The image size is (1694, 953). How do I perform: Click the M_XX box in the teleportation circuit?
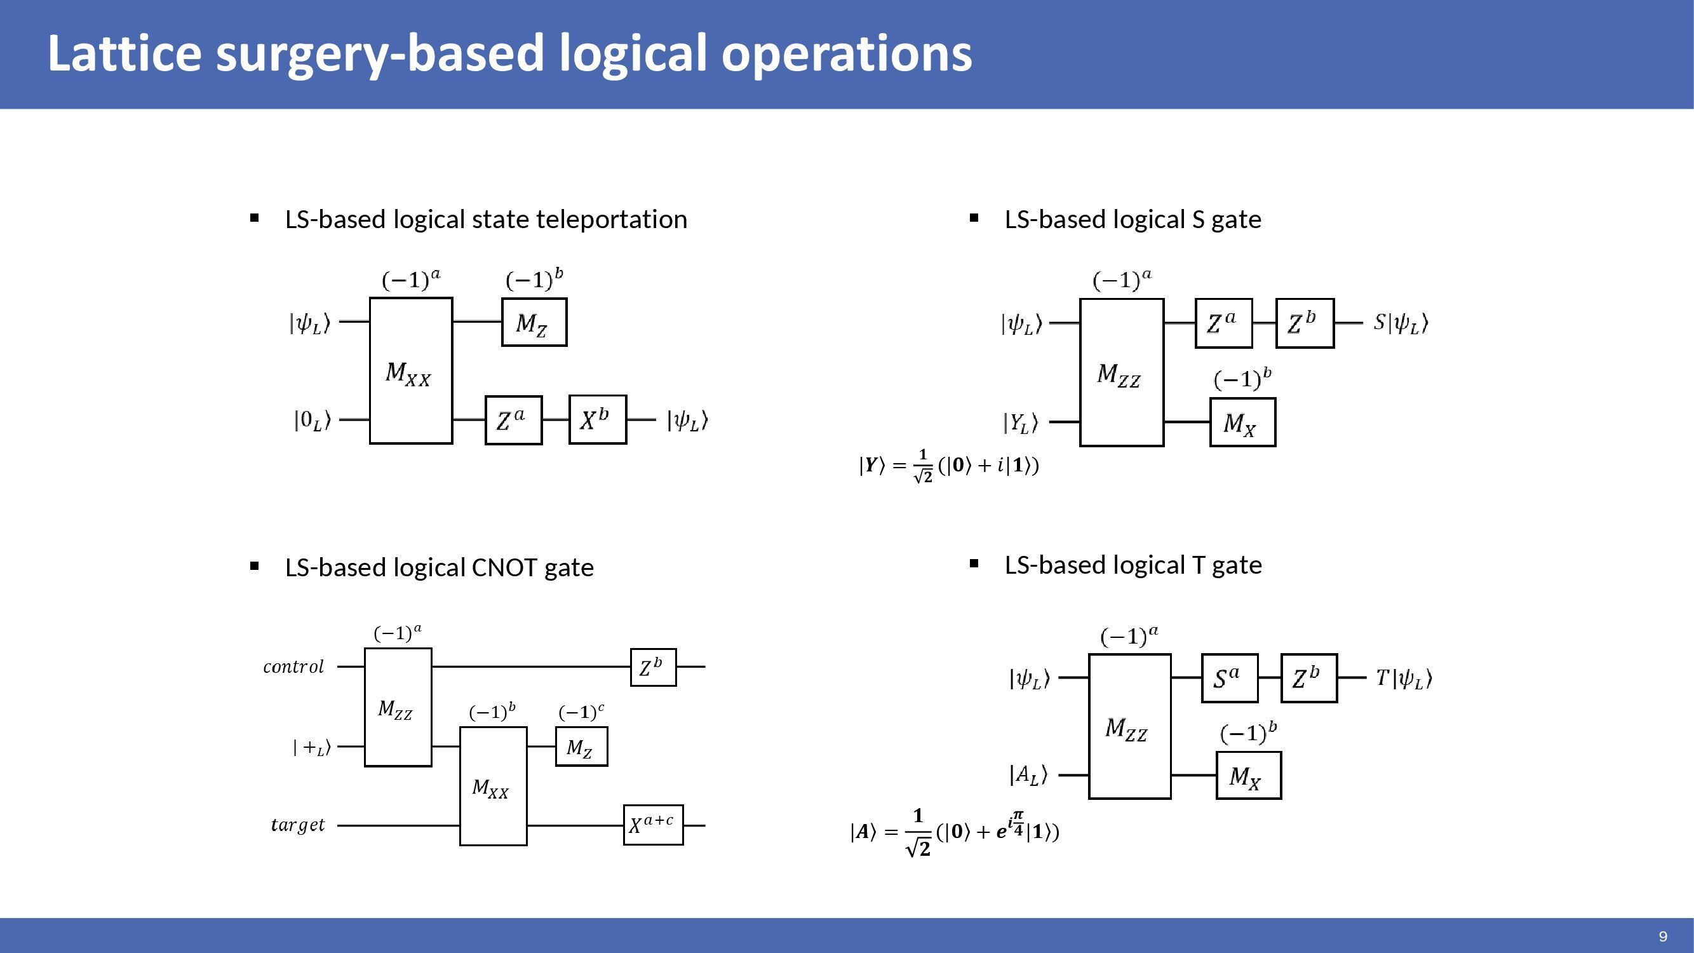pos(411,371)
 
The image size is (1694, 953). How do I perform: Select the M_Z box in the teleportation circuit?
pos(534,322)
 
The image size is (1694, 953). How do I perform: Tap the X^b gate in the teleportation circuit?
pos(597,419)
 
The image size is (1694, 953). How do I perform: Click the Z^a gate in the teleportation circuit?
pos(514,420)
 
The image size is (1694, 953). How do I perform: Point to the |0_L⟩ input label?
pos(313,420)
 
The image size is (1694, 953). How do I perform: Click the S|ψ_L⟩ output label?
pos(1401,323)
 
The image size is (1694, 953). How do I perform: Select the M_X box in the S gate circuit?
pos(1242,423)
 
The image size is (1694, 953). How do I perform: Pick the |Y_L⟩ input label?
pos(1020,422)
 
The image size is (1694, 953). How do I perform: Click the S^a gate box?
pos(1229,678)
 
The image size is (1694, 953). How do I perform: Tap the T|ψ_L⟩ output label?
pos(1404,678)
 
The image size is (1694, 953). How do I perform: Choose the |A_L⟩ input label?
pos(1028,774)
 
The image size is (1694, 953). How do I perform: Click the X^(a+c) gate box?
pos(653,825)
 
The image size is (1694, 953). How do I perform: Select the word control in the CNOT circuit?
pos(293,667)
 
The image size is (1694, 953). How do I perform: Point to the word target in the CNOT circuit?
pos(298,825)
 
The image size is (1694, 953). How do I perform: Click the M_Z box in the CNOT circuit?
pos(581,747)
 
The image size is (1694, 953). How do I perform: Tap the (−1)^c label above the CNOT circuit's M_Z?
pos(581,712)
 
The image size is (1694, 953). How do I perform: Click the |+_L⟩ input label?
pos(312,747)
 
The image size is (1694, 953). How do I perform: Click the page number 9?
pos(1663,936)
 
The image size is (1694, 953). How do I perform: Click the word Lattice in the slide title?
pos(124,54)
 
